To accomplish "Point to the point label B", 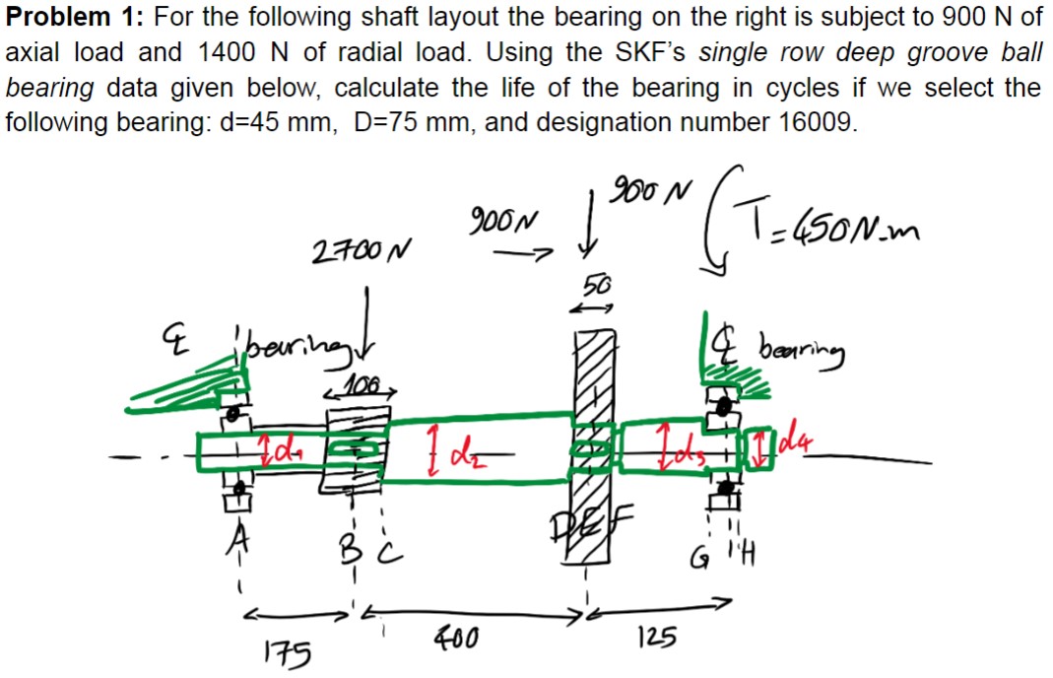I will [x=352, y=539].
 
